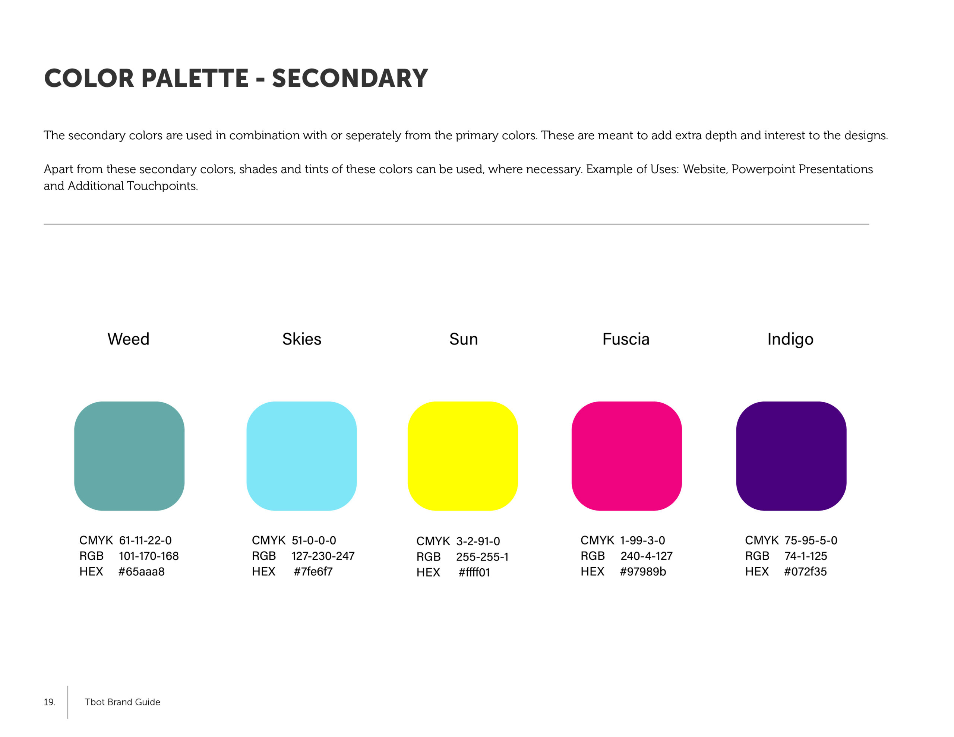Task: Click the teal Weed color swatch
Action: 129,456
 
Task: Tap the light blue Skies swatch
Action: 301,456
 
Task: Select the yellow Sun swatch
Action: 462,456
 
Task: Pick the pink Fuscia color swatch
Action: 627,456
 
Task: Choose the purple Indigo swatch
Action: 791,456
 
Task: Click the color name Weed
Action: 129,339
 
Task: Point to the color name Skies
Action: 302,339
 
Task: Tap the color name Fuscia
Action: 626,339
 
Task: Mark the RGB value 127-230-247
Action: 323,556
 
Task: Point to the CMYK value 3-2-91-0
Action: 478,541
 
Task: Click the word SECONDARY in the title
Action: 350,79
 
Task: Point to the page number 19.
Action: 49,702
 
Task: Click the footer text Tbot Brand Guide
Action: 122,702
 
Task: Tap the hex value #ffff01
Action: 474,572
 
